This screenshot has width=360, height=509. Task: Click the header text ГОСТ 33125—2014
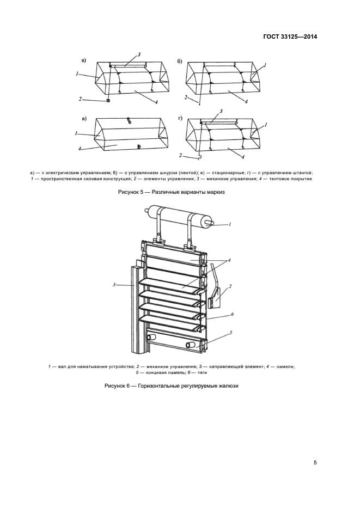[289, 36]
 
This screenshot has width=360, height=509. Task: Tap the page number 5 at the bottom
[315, 463]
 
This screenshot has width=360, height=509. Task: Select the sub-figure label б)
[180, 61]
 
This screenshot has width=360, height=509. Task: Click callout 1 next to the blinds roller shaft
[230, 224]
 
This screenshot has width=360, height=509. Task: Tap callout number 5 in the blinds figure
[231, 332]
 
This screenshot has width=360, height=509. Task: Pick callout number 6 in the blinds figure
[232, 314]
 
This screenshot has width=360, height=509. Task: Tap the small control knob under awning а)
[109, 100]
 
